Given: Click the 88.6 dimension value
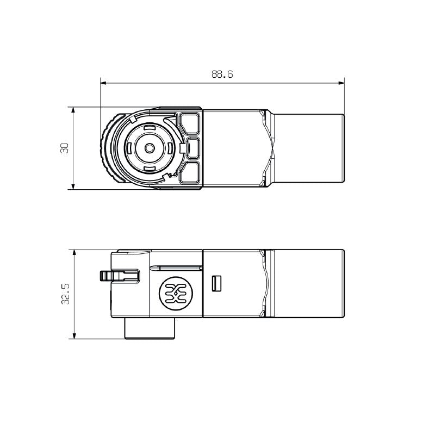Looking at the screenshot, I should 222,75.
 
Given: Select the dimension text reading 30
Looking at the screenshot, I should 64,148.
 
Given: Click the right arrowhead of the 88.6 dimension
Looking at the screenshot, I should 341,83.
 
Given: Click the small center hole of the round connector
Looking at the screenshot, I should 148,148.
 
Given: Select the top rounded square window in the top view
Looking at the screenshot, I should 190,123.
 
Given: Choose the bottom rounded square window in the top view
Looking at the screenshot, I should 190,173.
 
